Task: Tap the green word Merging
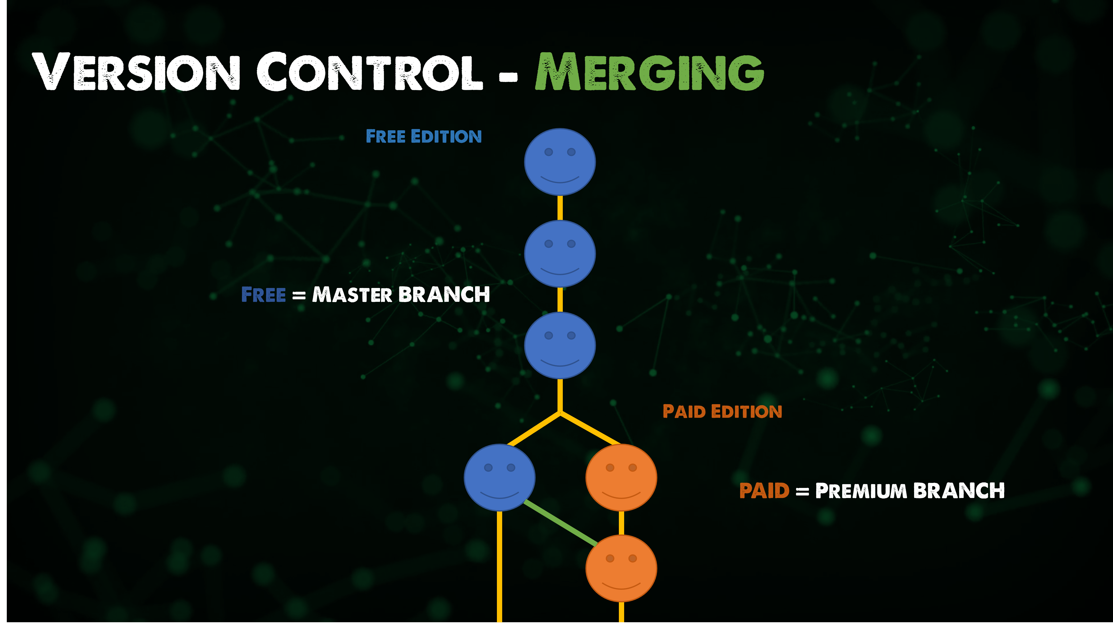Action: pyautogui.click(x=649, y=72)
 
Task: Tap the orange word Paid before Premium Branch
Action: pyautogui.click(x=764, y=491)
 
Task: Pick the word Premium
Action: pyautogui.click(x=861, y=491)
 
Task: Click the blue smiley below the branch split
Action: pyautogui.click(x=499, y=477)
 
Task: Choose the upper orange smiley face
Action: pyautogui.click(x=621, y=477)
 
